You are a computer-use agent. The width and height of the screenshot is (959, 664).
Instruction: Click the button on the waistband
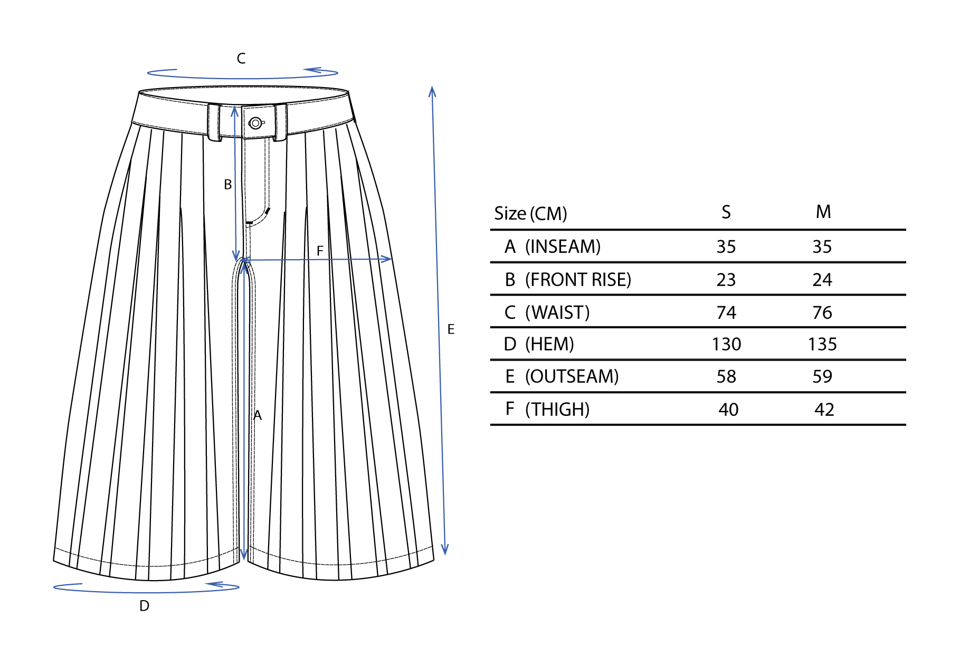point(256,124)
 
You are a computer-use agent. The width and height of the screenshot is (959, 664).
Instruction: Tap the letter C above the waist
point(241,59)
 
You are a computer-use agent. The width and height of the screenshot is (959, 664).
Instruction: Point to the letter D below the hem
point(144,606)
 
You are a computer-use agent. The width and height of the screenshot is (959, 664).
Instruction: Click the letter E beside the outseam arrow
point(451,329)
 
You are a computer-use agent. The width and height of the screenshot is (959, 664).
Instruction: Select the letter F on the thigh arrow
point(320,251)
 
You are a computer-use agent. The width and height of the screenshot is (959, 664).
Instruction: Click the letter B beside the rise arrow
point(227,185)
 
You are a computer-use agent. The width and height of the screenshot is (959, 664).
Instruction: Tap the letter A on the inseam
point(258,415)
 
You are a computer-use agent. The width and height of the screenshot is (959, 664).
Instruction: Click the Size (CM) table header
point(530,214)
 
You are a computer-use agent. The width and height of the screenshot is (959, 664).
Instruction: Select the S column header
point(726,212)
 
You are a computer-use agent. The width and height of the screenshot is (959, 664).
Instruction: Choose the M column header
point(823,212)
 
